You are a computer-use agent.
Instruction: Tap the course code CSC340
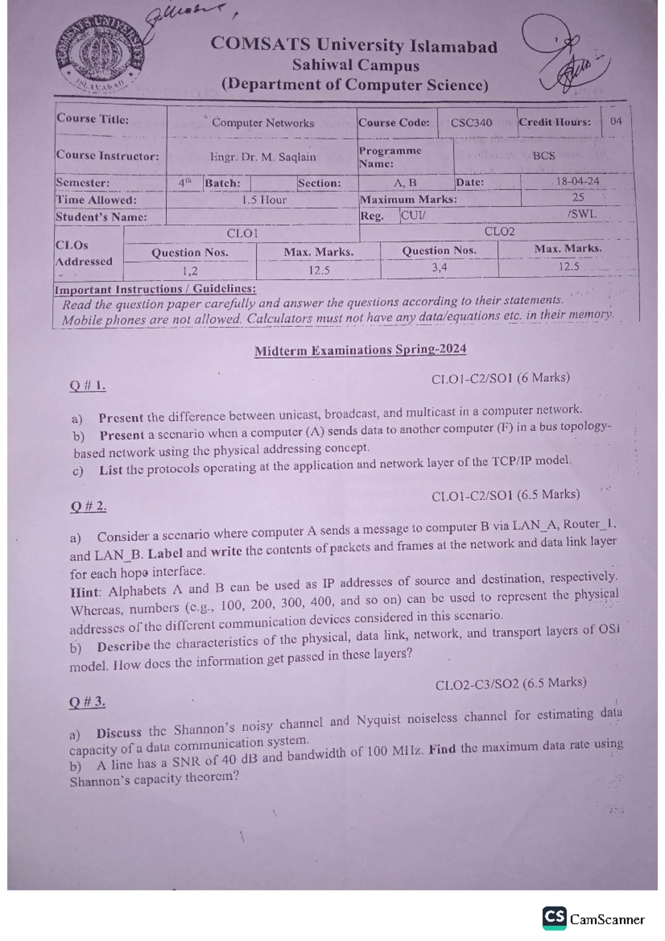click(471, 122)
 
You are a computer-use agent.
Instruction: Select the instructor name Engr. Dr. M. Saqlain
click(263, 157)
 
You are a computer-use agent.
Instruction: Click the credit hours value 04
click(616, 121)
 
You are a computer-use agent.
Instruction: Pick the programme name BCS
click(544, 156)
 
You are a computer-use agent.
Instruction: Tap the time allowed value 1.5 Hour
click(264, 200)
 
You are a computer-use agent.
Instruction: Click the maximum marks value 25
click(578, 197)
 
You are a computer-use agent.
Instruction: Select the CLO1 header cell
click(242, 233)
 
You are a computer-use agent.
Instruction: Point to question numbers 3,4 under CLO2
click(439, 268)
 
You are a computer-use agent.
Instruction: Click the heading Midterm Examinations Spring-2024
click(360, 350)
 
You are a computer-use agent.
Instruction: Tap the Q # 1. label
click(88, 386)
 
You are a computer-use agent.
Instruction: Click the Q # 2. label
click(88, 506)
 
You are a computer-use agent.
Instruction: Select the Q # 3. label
click(87, 702)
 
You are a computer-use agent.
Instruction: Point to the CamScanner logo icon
click(554, 918)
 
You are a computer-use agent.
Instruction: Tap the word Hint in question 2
click(85, 592)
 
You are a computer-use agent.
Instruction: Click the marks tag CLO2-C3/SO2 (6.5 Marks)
click(510, 684)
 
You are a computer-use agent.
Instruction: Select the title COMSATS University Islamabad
click(354, 45)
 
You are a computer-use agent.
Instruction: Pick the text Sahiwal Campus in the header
click(355, 65)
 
